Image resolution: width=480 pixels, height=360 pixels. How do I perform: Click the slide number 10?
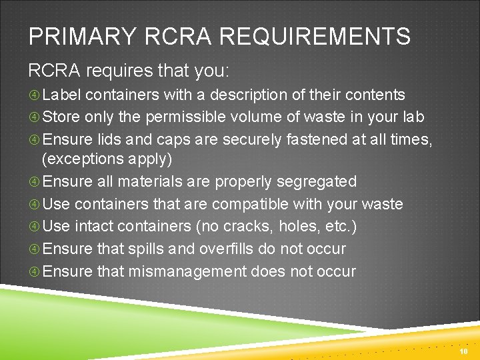[464, 351]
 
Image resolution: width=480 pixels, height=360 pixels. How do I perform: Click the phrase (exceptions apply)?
[107, 159]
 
